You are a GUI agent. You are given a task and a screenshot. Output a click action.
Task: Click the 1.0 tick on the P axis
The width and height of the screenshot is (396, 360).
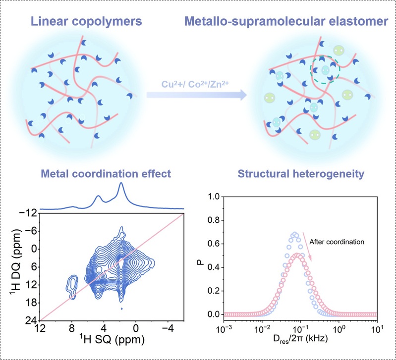(x=213, y=197)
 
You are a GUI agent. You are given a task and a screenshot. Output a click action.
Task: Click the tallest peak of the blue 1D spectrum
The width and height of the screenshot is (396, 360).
(x=120, y=185)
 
